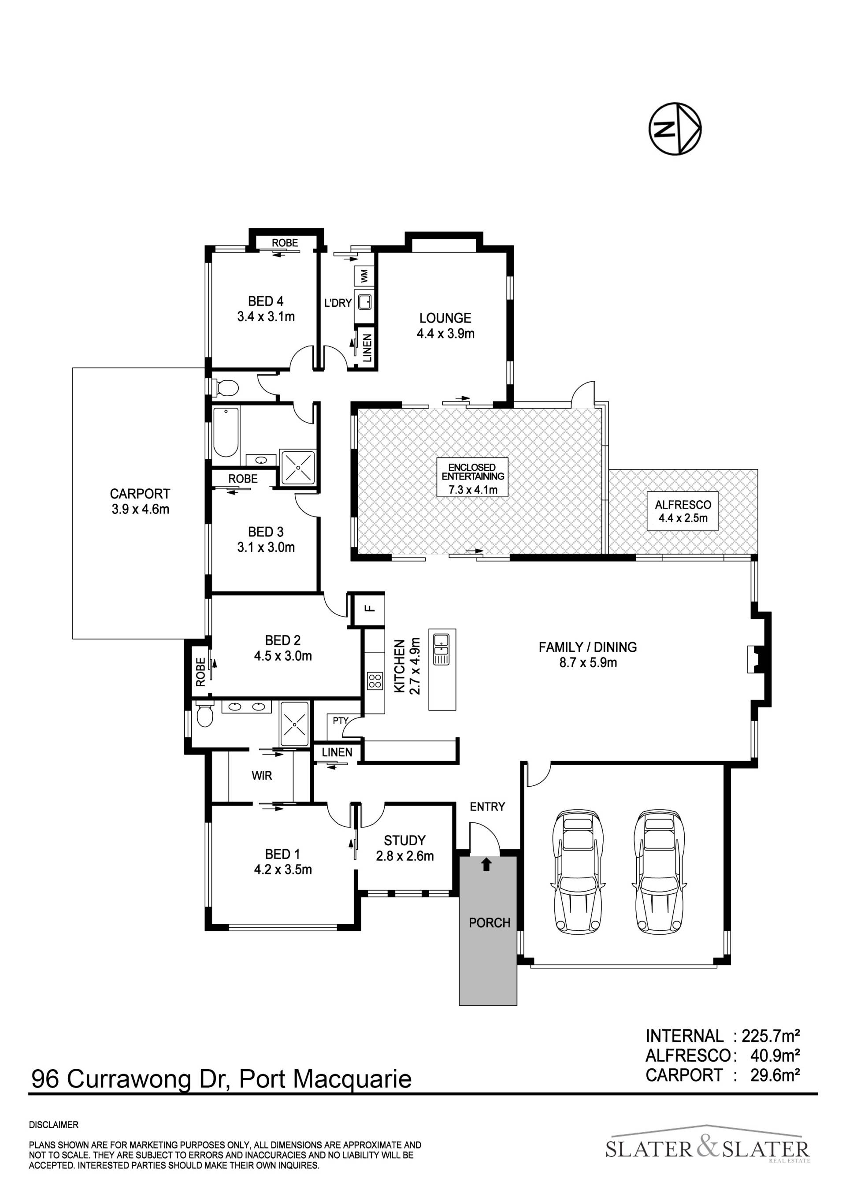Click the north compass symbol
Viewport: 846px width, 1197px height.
(x=675, y=129)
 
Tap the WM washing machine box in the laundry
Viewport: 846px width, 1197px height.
(x=364, y=275)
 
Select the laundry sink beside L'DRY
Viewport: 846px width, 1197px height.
(x=364, y=302)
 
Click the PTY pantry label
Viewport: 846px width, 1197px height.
(x=340, y=721)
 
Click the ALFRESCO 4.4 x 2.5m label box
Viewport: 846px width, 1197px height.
(x=683, y=511)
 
